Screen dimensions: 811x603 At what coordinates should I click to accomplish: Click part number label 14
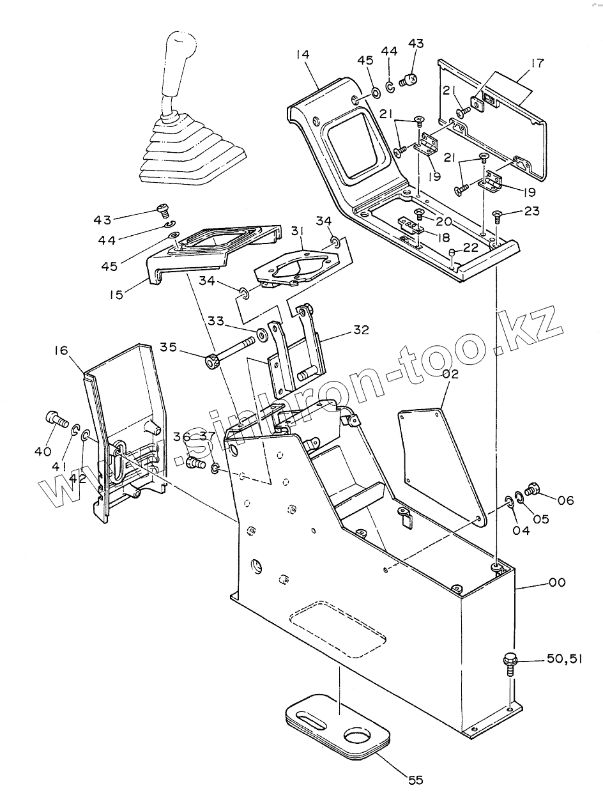(302, 55)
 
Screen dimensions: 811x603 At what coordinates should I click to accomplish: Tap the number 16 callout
(61, 350)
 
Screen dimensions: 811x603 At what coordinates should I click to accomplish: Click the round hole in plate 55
(358, 739)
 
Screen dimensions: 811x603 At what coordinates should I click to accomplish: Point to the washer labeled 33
(262, 334)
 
